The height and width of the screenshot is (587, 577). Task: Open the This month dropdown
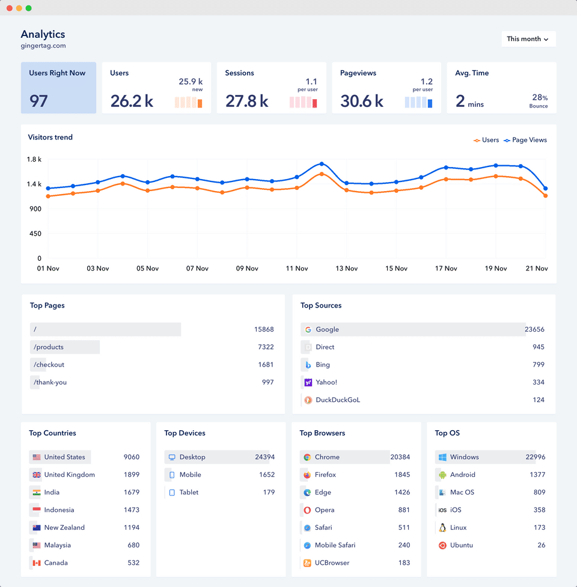[528, 39]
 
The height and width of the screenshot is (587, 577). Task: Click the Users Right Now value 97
[38, 100]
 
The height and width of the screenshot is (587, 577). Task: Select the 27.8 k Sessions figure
[246, 101]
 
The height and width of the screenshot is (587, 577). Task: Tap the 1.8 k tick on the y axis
[34, 159]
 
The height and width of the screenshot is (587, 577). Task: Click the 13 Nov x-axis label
[347, 269]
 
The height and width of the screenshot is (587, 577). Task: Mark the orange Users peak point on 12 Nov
[322, 174]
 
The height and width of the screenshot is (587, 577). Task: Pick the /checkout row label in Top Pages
[49, 365]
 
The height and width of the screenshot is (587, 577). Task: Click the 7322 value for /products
[266, 347]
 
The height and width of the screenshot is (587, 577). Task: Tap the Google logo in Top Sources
[308, 330]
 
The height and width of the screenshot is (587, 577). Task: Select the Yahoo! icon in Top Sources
[308, 382]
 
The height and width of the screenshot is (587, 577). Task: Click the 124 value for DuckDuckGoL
[538, 400]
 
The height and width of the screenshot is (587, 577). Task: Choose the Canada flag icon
[37, 563]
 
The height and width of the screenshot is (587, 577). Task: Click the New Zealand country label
[64, 528]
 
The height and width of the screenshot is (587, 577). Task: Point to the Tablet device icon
[172, 493]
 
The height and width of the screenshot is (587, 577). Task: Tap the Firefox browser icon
[307, 475]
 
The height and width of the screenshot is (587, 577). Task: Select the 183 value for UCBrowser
[404, 563]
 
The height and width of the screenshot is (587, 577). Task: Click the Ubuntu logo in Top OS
[442, 546]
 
